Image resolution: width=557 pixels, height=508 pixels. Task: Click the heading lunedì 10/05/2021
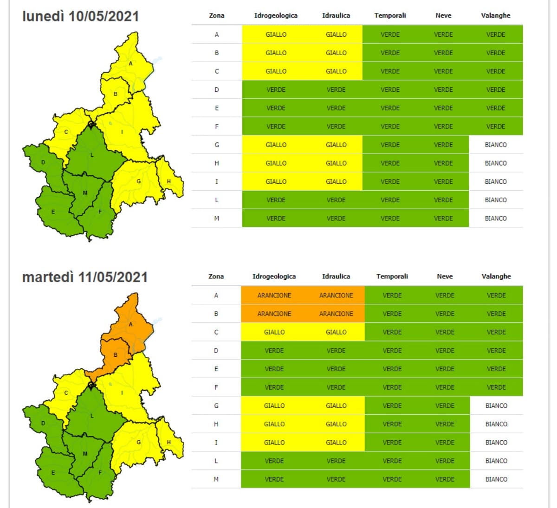click(81, 16)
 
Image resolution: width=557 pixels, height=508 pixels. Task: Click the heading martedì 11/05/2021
click(85, 277)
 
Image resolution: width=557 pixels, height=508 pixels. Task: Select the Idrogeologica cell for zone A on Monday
click(276, 34)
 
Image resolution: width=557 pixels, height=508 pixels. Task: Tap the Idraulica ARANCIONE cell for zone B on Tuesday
click(336, 314)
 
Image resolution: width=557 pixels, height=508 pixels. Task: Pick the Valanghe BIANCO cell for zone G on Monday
click(496, 145)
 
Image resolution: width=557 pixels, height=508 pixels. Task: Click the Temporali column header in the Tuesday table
click(392, 276)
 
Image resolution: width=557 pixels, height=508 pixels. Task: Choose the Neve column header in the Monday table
click(443, 15)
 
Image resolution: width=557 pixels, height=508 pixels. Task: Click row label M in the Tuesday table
click(216, 479)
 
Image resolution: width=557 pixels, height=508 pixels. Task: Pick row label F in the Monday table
click(216, 126)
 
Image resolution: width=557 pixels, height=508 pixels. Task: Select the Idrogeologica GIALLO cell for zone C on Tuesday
click(274, 332)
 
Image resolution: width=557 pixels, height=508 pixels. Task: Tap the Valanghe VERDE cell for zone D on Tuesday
click(496, 350)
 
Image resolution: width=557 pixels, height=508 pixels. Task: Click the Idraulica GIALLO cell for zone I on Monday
click(336, 181)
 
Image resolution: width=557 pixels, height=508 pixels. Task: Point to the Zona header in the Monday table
click(216, 15)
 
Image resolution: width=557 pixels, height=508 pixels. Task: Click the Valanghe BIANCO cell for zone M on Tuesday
click(496, 479)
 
